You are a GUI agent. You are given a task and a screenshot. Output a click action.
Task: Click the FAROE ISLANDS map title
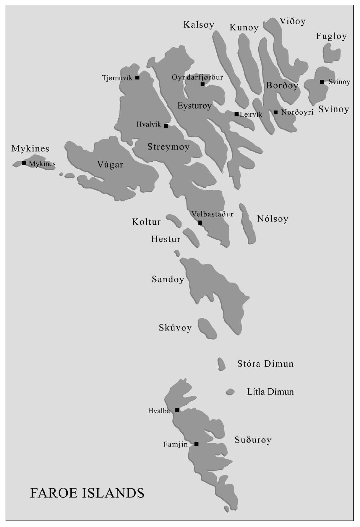click(x=87, y=493)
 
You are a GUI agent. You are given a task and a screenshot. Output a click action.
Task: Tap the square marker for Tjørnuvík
click(x=137, y=78)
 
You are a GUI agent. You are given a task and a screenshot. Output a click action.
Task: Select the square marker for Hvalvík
click(x=166, y=126)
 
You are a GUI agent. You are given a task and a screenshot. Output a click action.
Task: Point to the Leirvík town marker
click(x=236, y=114)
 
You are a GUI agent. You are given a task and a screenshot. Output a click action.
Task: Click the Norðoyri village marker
click(x=275, y=112)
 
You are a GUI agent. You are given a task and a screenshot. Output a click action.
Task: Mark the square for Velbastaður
click(x=200, y=223)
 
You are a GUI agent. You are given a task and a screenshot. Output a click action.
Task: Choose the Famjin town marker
click(x=196, y=444)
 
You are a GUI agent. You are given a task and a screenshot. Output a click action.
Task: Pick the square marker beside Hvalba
click(x=177, y=410)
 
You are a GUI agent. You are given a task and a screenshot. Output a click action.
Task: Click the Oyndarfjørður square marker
click(x=202, y=84)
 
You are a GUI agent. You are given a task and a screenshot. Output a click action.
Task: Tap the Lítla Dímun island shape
click(x=230, y=392)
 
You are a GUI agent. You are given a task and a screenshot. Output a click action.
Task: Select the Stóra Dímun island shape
click(x=221, y=364)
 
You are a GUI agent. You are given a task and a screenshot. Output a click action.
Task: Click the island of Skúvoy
click(x=207, y=328)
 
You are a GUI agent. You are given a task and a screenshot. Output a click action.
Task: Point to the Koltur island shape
click(x=174, y=220)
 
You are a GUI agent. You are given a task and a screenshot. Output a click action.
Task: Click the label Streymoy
click(x=168, y=147)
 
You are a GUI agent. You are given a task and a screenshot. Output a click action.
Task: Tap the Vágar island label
click(x=110, y=165)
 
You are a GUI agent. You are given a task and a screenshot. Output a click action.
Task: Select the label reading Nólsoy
click(x=273, y=219)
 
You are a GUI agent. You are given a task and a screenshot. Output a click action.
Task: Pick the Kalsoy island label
click(x=199, y=25)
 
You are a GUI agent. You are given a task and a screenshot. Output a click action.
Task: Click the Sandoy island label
click(x=168, y=279)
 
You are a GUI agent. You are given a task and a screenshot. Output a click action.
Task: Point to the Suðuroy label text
click(x=253, y=440)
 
